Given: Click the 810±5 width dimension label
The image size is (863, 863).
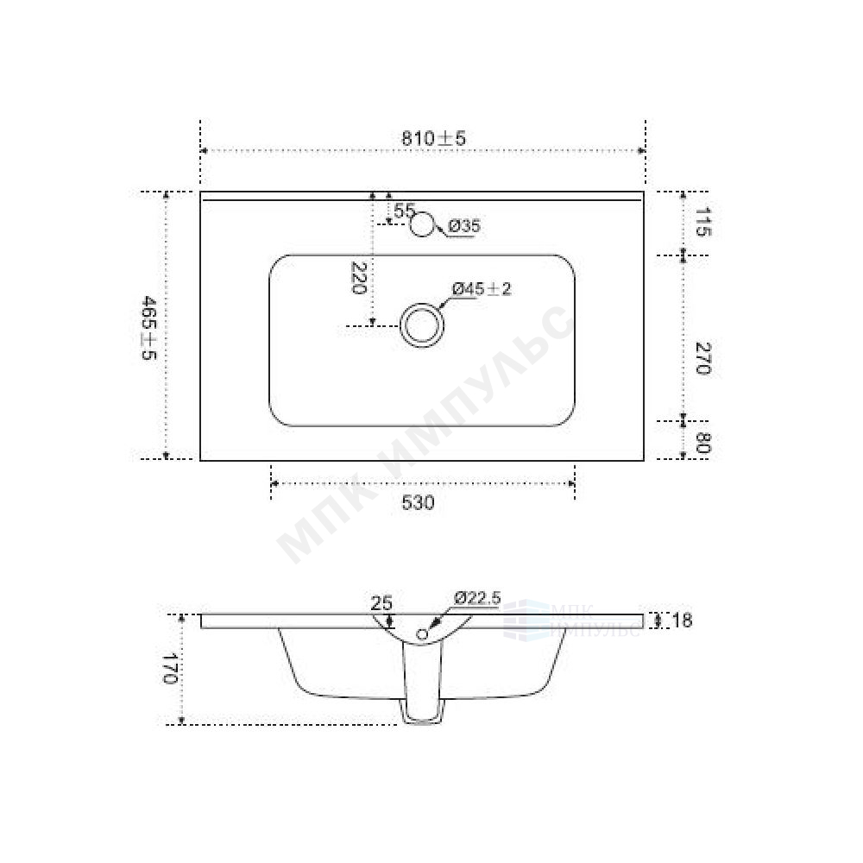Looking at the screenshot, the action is pos(433,138).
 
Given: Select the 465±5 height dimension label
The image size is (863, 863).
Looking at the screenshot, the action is pos(149,327).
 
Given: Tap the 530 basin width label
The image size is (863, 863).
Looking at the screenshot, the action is pos(418,502).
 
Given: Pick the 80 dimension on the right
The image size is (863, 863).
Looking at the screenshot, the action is pos(702,443).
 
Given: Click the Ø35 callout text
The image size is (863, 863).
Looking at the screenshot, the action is pos(464,225).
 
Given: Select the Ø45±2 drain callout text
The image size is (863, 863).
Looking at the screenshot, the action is pos(482,288).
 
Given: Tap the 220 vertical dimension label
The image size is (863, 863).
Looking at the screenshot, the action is pos(358,278).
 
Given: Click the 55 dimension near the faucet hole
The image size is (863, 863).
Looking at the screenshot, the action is pos(404,210).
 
